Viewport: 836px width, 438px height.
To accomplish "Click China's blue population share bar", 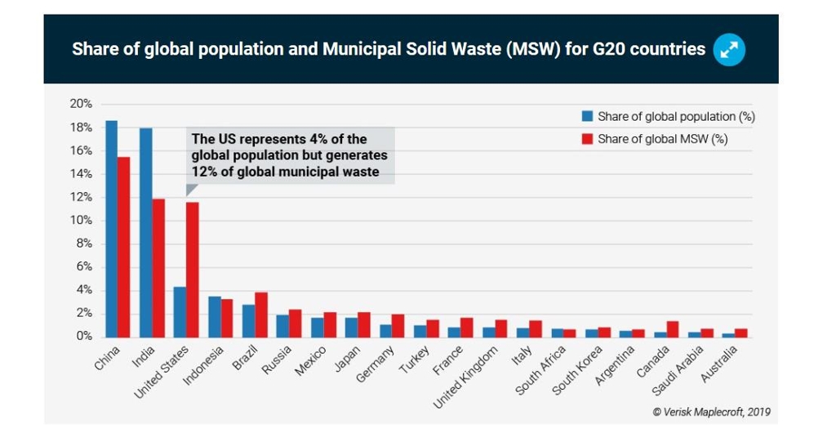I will (111, 229).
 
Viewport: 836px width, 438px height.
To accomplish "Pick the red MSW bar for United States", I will (192, 270).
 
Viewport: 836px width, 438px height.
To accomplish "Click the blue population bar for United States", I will (180, 311).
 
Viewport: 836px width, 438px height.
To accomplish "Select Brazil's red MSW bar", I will (260, 315).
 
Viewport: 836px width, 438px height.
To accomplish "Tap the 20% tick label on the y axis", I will (81, 104).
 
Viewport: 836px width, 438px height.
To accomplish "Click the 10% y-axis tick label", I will (81, 221).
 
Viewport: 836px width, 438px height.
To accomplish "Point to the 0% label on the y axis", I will (83, 337).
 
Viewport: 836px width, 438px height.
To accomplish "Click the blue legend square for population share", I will (586, 116).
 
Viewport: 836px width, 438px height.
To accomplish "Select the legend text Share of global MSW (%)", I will (662, 139).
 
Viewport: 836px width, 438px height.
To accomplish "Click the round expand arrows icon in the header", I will (728, 50).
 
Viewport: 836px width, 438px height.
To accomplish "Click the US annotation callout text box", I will (290, 155).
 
